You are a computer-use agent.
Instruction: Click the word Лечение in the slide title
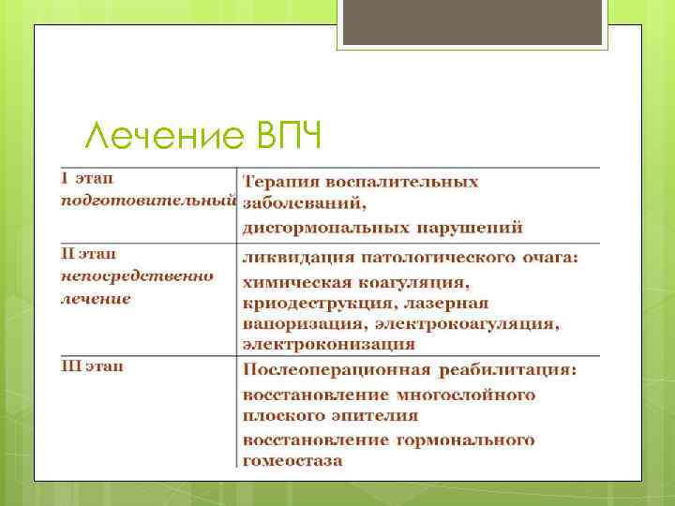(165, 138)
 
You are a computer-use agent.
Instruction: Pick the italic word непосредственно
(137, 276)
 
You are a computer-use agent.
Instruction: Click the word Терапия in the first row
(279, 180)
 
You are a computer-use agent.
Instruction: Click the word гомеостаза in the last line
(292, 460)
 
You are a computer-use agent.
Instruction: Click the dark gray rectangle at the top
(472, 22)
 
